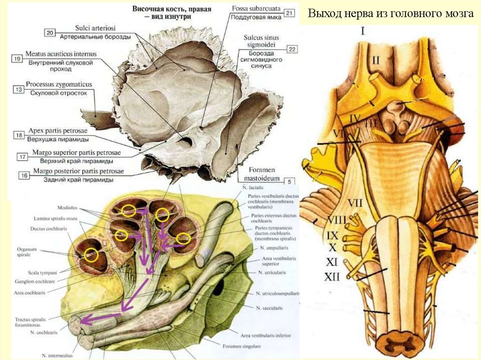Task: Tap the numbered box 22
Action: coord(291,49)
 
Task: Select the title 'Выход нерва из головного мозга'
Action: coord(390,14)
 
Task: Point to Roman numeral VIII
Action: coord(336,220)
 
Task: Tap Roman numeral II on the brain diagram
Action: coord(376,60)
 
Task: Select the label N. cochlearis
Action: coord(43,332)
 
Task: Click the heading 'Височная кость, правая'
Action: coord(171,9)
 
